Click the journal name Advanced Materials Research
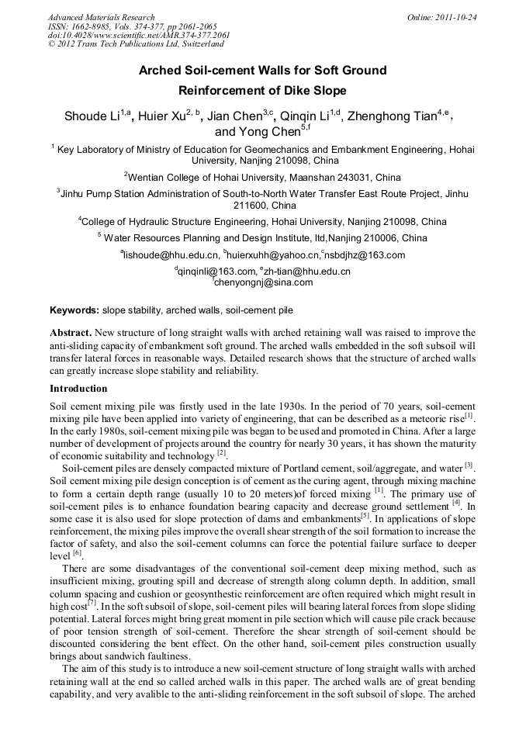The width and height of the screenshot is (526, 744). [x=101, y=17]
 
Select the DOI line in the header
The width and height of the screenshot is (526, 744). [x=139, y=35]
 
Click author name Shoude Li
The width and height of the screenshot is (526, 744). [x=90, y=117]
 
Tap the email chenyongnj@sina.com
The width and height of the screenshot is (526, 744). [x=263, y=282]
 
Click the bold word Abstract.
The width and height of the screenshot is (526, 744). [x=69, y=332]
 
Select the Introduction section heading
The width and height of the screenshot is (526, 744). [x=78, y=388]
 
